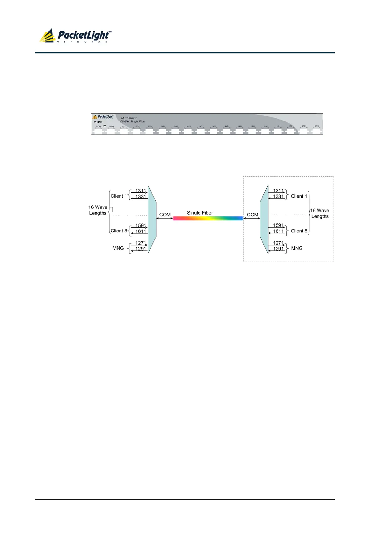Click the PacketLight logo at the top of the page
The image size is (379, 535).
click(75, 36)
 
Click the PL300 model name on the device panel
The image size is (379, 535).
click(98, 122)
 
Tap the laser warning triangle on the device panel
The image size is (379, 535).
click(104, 126)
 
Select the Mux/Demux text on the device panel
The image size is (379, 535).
click(129, 118)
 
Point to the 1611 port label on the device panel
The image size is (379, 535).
click(317, 126)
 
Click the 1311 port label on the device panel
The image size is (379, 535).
click(124, 127)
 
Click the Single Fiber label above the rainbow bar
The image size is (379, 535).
click(200, 213)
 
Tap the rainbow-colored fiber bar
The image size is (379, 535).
click(208, 218)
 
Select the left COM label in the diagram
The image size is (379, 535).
click(165, 215)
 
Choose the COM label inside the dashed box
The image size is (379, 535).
click(253, 215)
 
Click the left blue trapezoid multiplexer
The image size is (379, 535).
click(152, 219)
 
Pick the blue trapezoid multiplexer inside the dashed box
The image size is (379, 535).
click(264, 219)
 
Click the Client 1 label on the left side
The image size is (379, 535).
click(119, 196)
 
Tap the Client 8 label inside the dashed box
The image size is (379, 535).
click(299, 231)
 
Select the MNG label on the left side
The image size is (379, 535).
click(118, 248)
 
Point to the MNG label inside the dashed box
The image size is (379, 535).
click(297, 248)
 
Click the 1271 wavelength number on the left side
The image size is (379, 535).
click(140, 243)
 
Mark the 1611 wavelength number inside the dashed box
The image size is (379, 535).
click(278, 231)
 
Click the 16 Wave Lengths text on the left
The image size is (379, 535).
click(98, 210)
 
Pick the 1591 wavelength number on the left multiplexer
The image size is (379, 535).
click(140, 226)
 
